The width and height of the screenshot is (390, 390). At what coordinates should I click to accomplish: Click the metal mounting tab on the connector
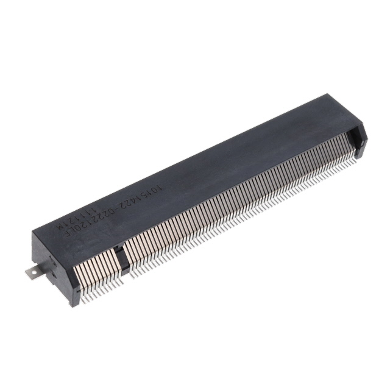click(x=31, y=271)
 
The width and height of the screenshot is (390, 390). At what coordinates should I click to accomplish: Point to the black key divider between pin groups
click(x=122, y=258)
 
